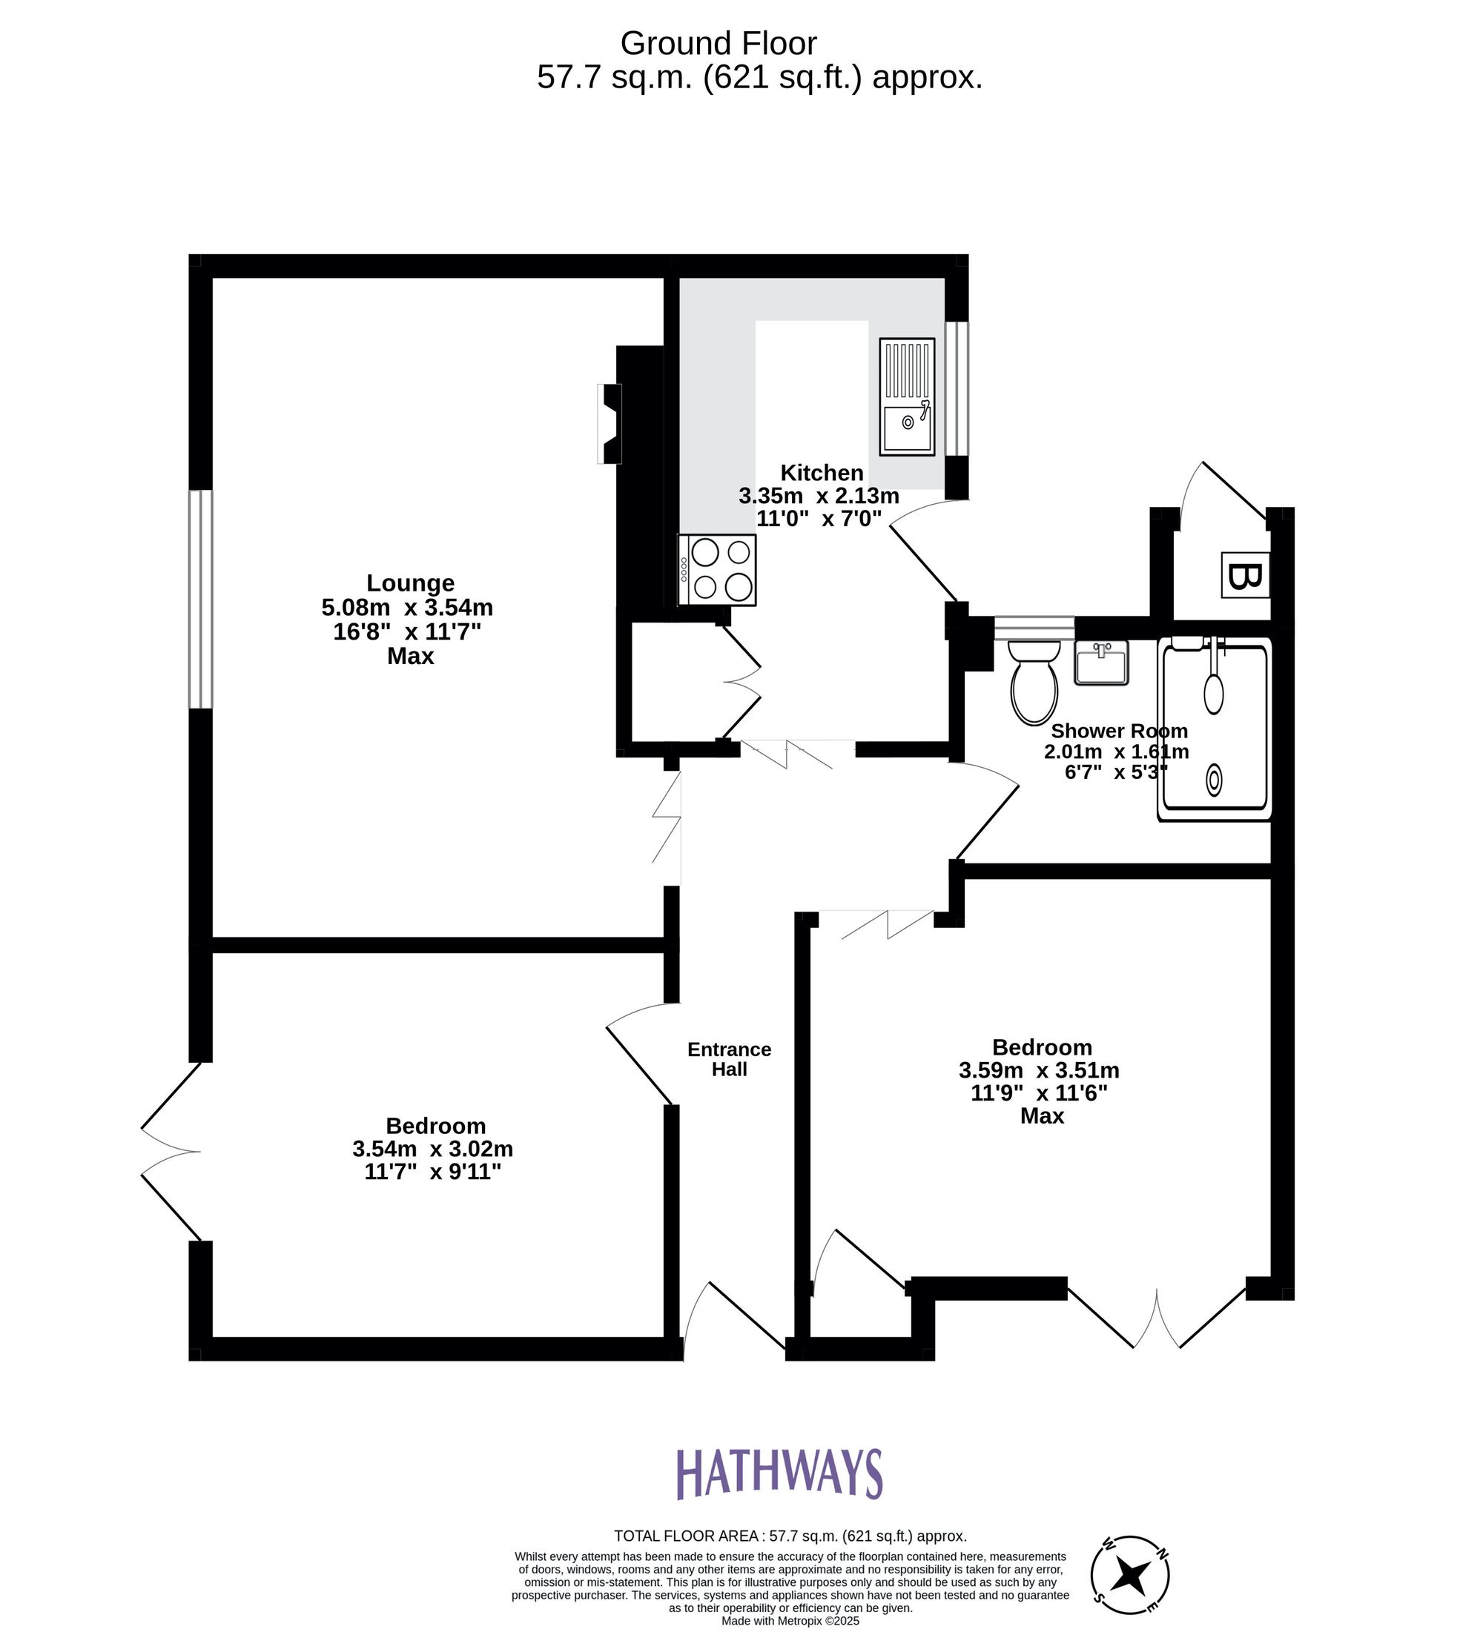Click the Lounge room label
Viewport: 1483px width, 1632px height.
[x=410, y=583]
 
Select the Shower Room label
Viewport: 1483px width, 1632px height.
[x=1117, y=731]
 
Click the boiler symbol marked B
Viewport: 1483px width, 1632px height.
[x=1244, y=576]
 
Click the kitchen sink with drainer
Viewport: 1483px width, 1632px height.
[x=906, y=397]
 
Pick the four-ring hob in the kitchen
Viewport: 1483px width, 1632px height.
[x=718, y=570]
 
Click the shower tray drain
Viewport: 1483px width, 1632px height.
[x=1213, y=780]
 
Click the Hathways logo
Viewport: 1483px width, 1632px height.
[x=779, y=1473]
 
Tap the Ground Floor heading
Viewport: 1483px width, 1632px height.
[x=718, y=43]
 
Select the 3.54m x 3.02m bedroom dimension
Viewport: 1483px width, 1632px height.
[x=432, y=1149]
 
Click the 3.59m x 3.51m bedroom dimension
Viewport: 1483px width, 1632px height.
[x=1038, y=1070]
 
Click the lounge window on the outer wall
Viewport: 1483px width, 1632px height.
[x=201, y=599]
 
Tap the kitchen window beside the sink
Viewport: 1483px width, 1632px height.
[x=957, y=388]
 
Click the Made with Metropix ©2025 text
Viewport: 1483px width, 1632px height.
[x=790, y=1621]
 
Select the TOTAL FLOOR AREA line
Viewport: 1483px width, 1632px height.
[x=790, y=1536]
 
